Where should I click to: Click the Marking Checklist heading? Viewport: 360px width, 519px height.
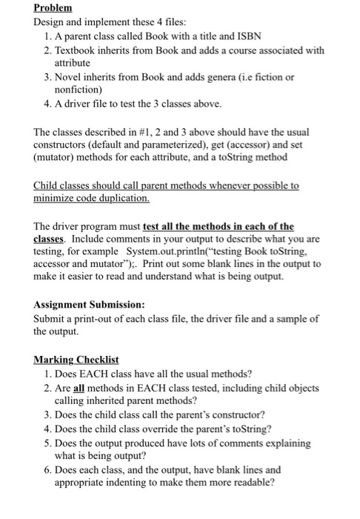coord(76,360)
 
